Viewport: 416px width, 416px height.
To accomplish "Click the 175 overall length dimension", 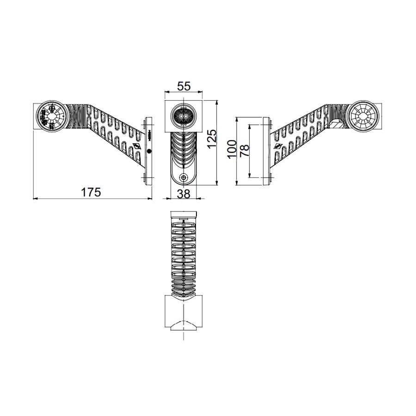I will [91, 192].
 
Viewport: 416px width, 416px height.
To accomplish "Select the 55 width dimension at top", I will [184, 86].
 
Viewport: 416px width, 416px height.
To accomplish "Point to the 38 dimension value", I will [184, 194].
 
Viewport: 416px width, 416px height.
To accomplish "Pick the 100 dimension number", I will [232, 149].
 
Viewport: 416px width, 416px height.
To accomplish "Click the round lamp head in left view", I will [50, 116].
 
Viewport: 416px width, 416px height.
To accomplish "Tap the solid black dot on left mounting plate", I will [149, 151].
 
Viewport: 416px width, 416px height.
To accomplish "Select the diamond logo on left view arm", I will [137, 147].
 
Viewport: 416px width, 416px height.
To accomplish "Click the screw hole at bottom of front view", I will [184, 177].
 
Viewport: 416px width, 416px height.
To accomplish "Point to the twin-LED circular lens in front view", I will [184, 116].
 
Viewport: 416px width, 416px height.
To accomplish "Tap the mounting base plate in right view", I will [267, 150].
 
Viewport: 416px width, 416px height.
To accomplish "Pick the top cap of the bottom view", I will [184, 214].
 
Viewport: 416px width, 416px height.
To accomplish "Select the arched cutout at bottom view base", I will [184, 325].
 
